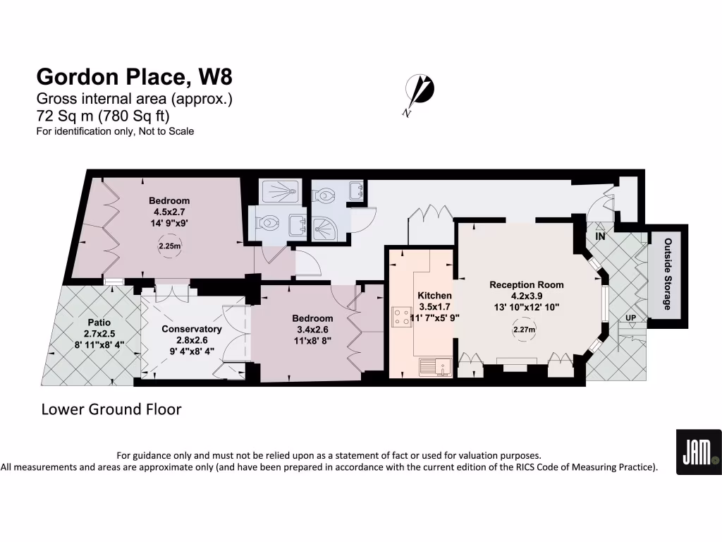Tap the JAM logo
(x=698, y=452)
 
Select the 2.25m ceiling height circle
(x=169, y=246)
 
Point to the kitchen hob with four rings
(x=403, y=315)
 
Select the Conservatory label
(x=191, y=329)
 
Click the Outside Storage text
(x=666, y=274)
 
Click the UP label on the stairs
(x=630, y=319)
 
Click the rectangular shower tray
(x=281, y=191)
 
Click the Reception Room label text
(x=527, y=284)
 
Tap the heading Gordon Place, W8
(x=134, y=76)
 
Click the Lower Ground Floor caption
(x=111, y=409)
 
